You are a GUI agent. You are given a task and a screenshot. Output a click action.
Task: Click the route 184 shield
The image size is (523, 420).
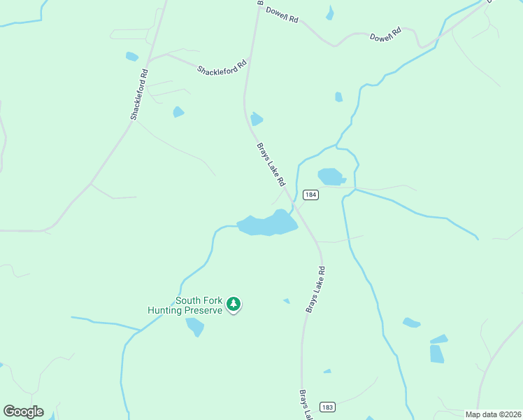[311, 195]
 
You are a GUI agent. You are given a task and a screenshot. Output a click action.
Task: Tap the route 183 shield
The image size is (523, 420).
[327, 407]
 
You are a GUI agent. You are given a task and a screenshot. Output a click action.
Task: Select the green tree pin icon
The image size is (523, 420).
[234, 304]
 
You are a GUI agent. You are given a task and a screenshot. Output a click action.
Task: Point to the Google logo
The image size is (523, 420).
[23, 412]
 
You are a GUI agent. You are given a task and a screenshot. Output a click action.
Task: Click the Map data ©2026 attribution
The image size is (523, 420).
[492, 414]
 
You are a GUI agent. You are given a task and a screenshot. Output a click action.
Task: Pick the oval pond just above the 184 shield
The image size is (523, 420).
[331, 176]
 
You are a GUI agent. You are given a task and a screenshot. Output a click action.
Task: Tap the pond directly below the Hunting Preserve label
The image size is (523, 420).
[195, 326]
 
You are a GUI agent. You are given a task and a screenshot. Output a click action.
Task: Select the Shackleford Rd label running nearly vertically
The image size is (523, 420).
[138, 94]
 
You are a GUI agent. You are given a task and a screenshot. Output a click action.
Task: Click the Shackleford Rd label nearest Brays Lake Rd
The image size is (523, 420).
[222, 67]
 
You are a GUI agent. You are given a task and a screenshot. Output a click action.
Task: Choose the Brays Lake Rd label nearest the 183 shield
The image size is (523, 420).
[305, 405]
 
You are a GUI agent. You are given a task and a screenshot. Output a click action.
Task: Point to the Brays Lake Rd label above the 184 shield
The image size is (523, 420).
[271, 164]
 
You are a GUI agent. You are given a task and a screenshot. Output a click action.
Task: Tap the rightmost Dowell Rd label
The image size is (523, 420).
[385, 33]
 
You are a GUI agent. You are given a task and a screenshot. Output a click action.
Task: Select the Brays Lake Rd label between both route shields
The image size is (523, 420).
[315, 288]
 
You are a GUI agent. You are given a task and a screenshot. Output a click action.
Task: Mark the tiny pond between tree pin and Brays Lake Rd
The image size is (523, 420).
[286, 302]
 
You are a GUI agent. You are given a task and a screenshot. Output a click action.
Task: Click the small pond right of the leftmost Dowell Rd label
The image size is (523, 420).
[329, 13]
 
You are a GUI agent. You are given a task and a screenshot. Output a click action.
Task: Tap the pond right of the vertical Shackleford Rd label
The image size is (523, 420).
[178, 111]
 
